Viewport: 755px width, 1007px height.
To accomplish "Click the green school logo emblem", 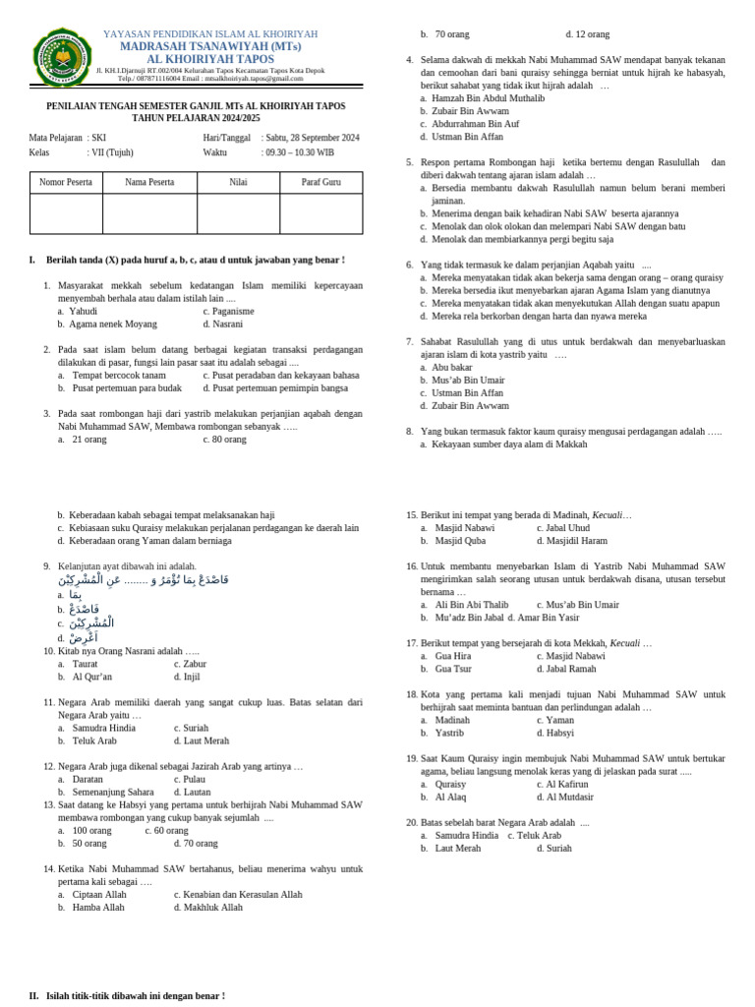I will tap(62, 57).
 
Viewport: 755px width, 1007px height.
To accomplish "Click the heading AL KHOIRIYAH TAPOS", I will tap(209, 60).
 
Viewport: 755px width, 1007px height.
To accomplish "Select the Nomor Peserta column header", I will tap(66, 183).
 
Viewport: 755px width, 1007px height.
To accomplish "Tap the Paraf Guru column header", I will tap(320, 183).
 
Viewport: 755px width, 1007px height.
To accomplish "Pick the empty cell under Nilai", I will tap(238, 213).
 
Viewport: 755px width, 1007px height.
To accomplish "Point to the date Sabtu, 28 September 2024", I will tap(311, 138).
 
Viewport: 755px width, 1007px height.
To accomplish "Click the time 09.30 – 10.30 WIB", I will tap(298, 152).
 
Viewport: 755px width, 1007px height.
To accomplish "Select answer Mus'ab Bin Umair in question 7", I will tap(468, 380).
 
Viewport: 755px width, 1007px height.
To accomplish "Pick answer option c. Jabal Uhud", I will tap(563, 528).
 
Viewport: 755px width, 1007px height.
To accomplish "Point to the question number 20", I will tap(412, 822).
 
